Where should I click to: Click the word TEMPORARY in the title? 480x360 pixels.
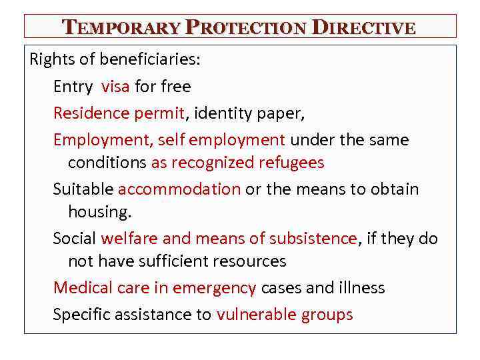point(121,27)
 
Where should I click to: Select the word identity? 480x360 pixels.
point(223,113)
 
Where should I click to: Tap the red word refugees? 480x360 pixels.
point(293,163)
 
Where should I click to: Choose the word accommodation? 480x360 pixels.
point(179,189)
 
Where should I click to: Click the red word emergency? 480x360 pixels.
point(214,288)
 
